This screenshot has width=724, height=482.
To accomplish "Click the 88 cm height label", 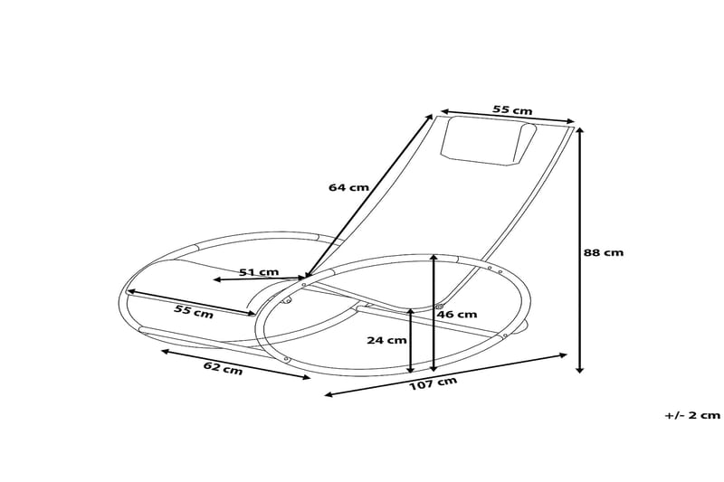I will coord(603,253).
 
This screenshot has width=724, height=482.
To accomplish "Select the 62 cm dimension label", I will coord(223,369).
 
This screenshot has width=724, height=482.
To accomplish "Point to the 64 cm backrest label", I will coord(348,187).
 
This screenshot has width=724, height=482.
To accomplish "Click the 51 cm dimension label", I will coord(259,271).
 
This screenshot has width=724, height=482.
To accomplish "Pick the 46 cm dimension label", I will coord(457,315).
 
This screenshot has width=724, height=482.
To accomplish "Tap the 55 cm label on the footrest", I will coord(193,312).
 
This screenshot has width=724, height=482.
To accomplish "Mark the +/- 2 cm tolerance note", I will coord(691,415).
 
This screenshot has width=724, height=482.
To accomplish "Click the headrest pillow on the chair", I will coord(487,143).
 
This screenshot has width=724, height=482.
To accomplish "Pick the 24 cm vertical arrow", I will coord(412,341).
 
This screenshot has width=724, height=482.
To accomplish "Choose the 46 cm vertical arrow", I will coord(434,313).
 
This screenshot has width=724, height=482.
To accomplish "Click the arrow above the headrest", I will coord(506,118).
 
